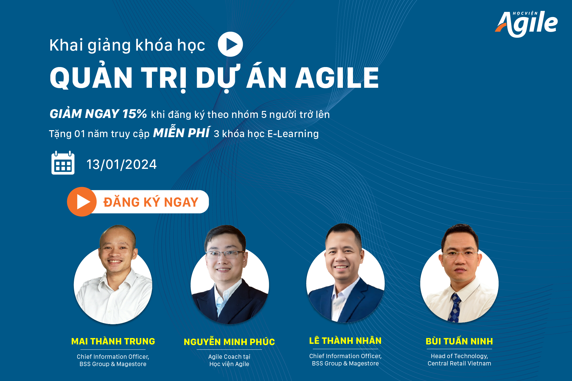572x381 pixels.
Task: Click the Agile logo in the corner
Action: point(526,24)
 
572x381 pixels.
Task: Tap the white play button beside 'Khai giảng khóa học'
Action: point(230,44)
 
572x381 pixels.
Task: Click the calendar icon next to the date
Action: point(63,163)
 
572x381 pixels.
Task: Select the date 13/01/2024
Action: point(121,165)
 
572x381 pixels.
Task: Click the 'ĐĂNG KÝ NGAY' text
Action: point(151,202)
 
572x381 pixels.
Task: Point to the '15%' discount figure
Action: point(135,114)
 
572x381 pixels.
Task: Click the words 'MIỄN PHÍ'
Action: point(182,133)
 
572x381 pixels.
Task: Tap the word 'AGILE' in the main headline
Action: point(337,78)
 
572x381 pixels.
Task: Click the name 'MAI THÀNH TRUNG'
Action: point(113,341)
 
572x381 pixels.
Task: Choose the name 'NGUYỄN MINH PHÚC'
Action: point(229,342)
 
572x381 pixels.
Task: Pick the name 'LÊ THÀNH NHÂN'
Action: point(345,340)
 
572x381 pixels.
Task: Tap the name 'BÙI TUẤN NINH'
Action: point(459,341)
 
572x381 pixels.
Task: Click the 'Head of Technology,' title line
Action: point(459,356)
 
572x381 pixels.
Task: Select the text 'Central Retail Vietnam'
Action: point(459,363)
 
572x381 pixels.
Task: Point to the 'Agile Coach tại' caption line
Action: point(229,357)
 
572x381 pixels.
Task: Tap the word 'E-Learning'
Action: point(293,134)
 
